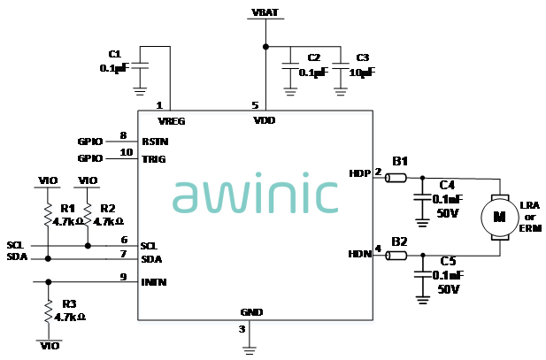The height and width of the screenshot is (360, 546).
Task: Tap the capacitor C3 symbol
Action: [340, 67]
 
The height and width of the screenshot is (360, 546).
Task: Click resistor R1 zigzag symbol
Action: [48, 215]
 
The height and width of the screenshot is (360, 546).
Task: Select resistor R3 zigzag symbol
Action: [48, 309]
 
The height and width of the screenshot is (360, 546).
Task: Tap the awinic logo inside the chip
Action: [255, 195]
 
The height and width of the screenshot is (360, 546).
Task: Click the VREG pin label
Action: [170, 120]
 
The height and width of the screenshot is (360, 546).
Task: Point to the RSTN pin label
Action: [155, 141]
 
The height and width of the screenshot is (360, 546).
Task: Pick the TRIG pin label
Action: [154, 158]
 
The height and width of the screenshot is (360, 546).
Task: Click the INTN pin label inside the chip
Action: [154, 283]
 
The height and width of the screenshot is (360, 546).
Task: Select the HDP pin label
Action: [360, 172]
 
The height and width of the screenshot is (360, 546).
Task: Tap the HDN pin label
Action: [360, 254]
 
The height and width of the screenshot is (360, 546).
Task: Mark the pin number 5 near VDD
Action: [256, 104]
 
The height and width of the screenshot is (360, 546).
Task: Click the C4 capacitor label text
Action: [447, 185]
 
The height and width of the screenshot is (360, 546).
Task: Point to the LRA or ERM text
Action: [530, 217]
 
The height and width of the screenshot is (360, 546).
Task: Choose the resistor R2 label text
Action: [107, 208]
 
